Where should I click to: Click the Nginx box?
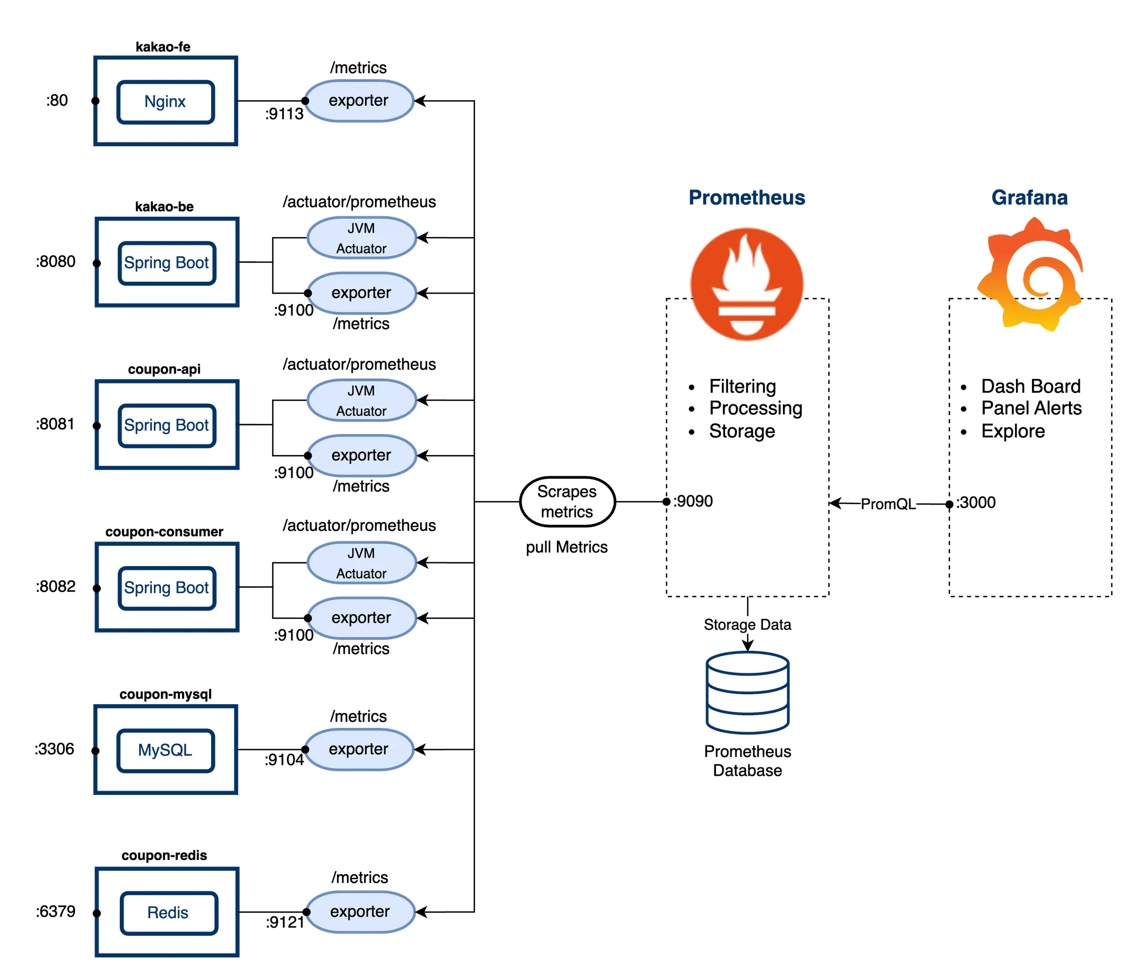tap(165, 102)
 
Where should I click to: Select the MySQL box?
tap(165, 750)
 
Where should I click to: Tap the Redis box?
tap(168, 912)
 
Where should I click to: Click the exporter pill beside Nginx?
tap(358, 101)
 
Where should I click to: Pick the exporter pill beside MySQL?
tap(358, 749)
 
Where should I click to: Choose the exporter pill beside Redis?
tap(360, 912)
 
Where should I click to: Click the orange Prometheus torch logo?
tap(747, 283)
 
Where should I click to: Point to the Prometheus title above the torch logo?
tap(747, 198)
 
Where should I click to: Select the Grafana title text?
tap(1029, 198)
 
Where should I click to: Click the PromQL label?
tap(888, 504)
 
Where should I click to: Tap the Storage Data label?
tap(747, 625)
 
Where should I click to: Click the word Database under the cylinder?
tap(747, 771)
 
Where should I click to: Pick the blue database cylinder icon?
tap(747, 692)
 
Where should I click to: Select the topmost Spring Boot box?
tap(167, 263)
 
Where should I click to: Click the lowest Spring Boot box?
tap(167, 588)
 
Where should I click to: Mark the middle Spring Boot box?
tap(167, 425)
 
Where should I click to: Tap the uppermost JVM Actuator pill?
tap(361, 238)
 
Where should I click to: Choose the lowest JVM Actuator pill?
tap(361, 563)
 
